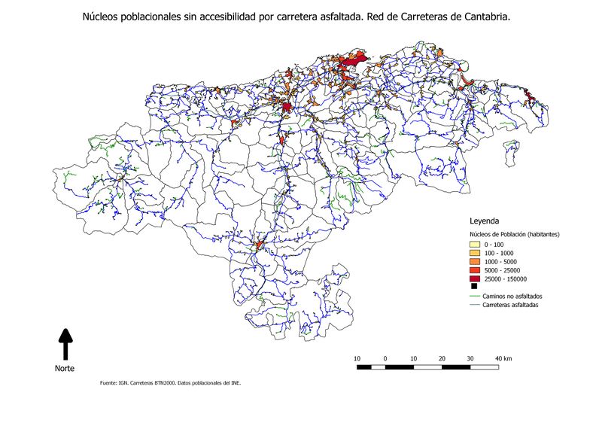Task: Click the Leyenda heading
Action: (485, 222)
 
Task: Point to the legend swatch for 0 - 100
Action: (474, 245)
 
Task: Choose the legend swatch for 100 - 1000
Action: (474, 253)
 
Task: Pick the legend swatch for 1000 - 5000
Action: (474, 261)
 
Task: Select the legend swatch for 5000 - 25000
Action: (474, 269)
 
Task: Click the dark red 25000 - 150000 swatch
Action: (474, 278)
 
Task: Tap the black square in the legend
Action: (474, 286)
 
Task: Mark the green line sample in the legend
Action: (474, 297)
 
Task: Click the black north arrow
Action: (65, 343)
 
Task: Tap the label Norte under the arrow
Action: (65, 368)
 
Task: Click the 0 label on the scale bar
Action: (385, 358)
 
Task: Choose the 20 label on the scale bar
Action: (442, 358)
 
